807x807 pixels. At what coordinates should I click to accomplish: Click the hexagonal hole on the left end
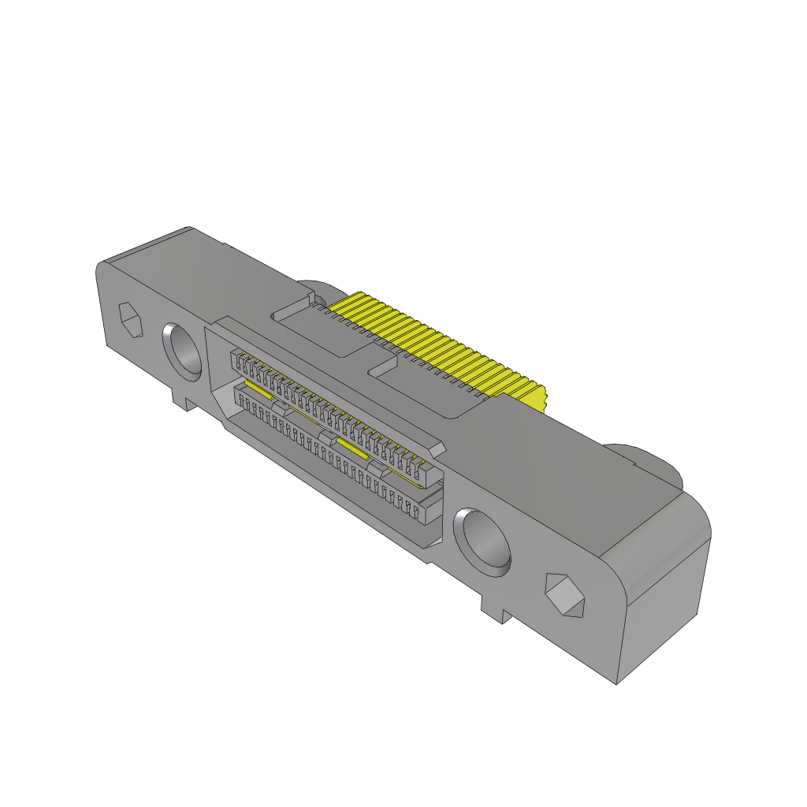coord(131,321)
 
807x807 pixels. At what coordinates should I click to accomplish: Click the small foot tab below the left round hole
coord(184,401)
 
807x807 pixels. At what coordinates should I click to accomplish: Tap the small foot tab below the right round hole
coord(493,609)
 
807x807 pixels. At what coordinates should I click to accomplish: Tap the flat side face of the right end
coord(662,615)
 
